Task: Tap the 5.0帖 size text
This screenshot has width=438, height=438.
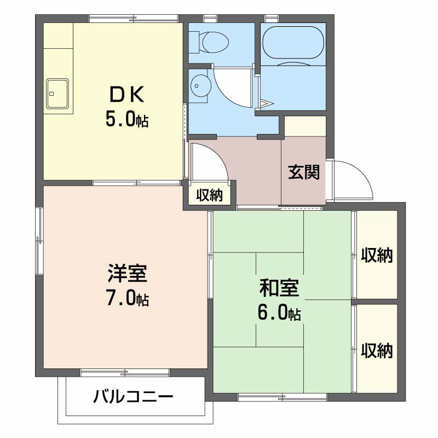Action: coord(127,120)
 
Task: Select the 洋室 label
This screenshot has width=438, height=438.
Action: coord(126,273)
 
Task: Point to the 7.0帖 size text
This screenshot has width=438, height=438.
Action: coord(127,299)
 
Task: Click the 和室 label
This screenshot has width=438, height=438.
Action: coord(279,287)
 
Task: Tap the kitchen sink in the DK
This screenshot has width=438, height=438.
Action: coord(57,93)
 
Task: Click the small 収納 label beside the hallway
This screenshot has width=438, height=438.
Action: coord(209,195)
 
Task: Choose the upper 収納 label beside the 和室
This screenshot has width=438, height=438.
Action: coord(377,255)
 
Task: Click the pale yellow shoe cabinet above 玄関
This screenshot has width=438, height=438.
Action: coord(305,126)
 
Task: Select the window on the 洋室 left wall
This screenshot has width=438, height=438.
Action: coord(38,241)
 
